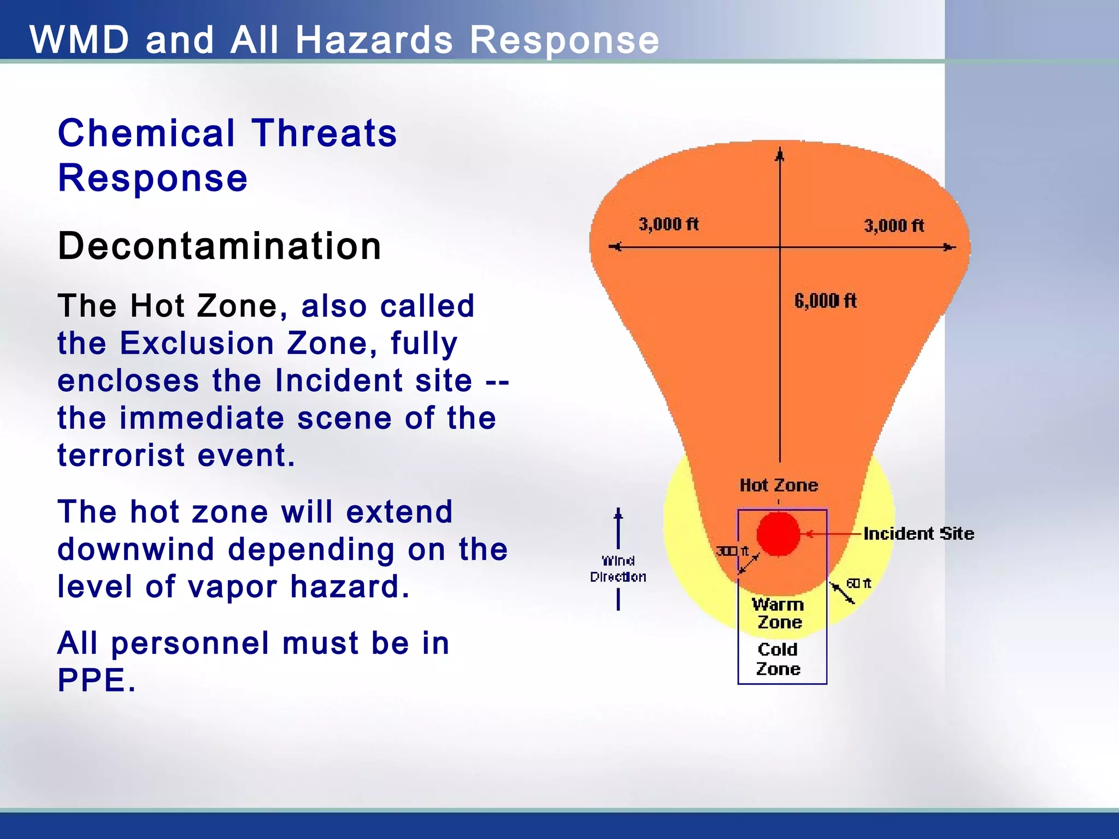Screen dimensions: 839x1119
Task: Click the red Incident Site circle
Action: (778, 534)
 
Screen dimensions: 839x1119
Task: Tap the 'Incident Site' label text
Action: (918, 534)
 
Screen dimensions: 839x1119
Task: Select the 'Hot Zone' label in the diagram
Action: (779, 485)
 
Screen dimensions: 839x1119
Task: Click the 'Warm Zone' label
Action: (779, 613)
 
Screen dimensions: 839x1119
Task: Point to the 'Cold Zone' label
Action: (778, 659)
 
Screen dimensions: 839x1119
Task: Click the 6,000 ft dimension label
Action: (825, 300)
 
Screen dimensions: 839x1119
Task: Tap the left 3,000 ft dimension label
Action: (668, 224)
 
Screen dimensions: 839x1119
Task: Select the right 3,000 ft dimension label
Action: (893, 226)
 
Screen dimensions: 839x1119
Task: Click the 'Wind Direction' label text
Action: (618, 569)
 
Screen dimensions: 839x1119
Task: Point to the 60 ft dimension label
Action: (858, 583)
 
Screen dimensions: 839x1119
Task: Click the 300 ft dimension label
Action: (732, 551)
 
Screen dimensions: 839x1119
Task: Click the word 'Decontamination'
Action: (219, 246)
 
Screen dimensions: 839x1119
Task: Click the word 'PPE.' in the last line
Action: (96, 681)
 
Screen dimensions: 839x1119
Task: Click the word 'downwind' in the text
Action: (136, 549)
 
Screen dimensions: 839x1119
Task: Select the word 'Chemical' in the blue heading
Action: (146, 133)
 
